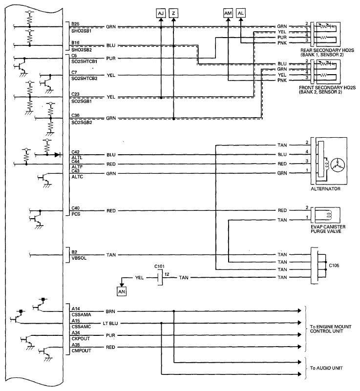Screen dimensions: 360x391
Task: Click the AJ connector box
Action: [161, 13]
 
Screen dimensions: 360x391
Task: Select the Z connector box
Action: [173, 13]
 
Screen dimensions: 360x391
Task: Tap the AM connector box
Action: [228, 13]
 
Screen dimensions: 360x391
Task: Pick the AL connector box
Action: [240, 13]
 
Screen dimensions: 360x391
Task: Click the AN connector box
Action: [122, 291]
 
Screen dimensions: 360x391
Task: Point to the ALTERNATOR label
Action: [326, 189]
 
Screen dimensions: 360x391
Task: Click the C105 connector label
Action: [334, 266]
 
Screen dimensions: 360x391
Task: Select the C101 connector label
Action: [159, 267]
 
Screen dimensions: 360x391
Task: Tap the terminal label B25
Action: [75, 24]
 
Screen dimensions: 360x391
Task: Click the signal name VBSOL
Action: [79, 258]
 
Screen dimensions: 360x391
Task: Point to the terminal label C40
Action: [75, 208]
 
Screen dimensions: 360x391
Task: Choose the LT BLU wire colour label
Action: [110, 324]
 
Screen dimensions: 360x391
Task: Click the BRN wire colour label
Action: [110, 311]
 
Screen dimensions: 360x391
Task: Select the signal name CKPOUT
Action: [81, 339]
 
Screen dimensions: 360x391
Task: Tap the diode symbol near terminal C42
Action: [57, 155]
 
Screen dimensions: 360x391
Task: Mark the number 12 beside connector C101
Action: [167, 274]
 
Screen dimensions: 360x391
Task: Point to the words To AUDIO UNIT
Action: [326, 368]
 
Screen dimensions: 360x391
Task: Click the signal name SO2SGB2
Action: [82, 123]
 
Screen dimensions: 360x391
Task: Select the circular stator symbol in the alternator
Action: [338, 165]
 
